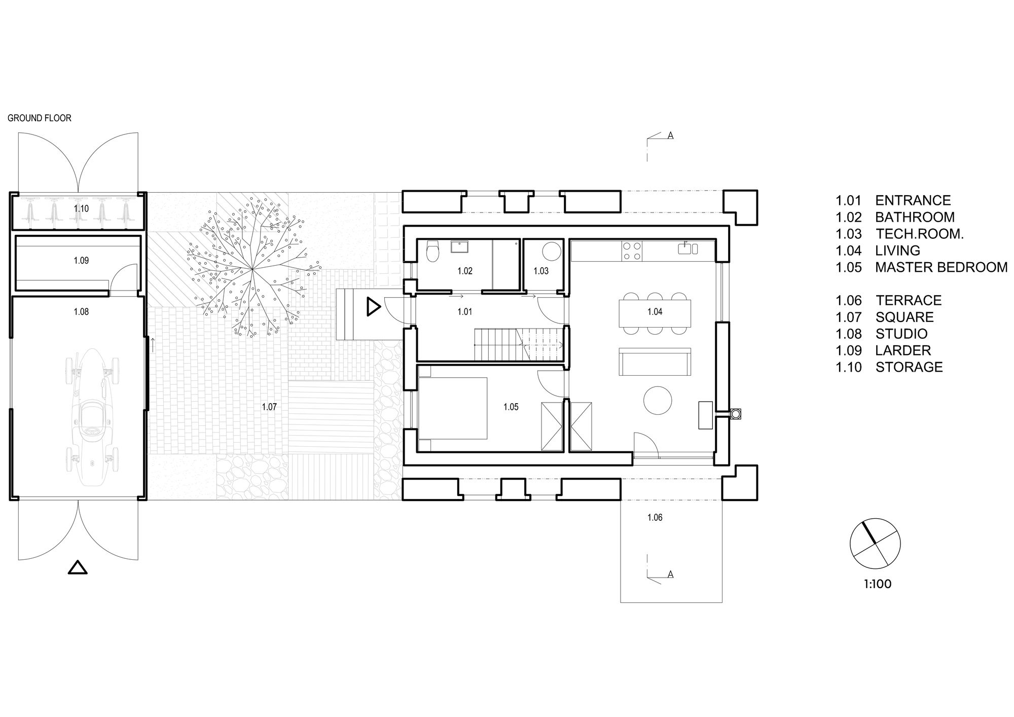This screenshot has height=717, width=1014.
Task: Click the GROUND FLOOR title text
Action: [x=40, y=118]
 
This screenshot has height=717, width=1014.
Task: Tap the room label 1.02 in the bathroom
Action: [x=465, y=271]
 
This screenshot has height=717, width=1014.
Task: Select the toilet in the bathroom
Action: [x=433, y=252]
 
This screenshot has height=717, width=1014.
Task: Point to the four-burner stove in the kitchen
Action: [x=632, y=250]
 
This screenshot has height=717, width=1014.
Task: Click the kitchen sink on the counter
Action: [x=688, y=248]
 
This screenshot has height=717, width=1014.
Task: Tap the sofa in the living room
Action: [x=655, y=362]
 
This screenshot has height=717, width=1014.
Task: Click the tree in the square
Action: [x=252, y=268]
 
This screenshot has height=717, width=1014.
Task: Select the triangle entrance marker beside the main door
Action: [x=373, y=307]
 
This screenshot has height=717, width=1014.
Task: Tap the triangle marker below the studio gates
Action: [x=78, y=567]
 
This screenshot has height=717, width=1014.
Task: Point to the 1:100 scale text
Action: [x=878, y=584]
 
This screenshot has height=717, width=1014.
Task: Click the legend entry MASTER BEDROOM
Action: [x=941, y=267]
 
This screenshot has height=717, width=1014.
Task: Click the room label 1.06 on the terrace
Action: [x=655, y=518]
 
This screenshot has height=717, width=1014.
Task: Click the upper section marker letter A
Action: [x=670, y=136]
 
